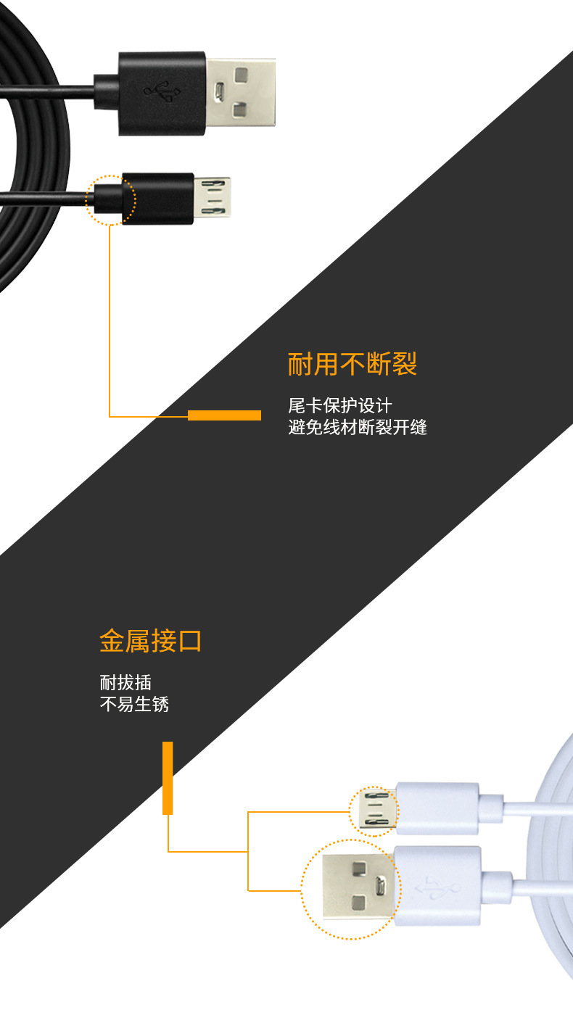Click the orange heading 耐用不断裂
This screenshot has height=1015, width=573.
coord(353,364)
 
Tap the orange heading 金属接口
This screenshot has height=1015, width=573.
coord(150,641)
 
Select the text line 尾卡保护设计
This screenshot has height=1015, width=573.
coord(339,405)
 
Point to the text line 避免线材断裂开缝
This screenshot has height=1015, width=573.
coord(358,427)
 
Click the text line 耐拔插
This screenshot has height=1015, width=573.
coord(125,682)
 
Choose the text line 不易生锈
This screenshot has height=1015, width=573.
coord(134,704)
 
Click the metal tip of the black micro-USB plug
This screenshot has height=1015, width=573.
coord(213,198)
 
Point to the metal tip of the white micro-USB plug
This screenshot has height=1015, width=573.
coord(376,810)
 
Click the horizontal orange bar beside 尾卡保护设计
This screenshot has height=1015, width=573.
coord(224,415)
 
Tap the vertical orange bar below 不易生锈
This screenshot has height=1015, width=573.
coord(168,777)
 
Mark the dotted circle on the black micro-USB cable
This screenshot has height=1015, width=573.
coord(110,199)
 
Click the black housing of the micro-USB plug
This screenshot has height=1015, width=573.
coord(158,198)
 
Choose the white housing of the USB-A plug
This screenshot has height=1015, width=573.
coord(437,885)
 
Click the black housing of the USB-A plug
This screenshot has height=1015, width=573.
coord(162,92)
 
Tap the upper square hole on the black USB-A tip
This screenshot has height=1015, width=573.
coord(241,73)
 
